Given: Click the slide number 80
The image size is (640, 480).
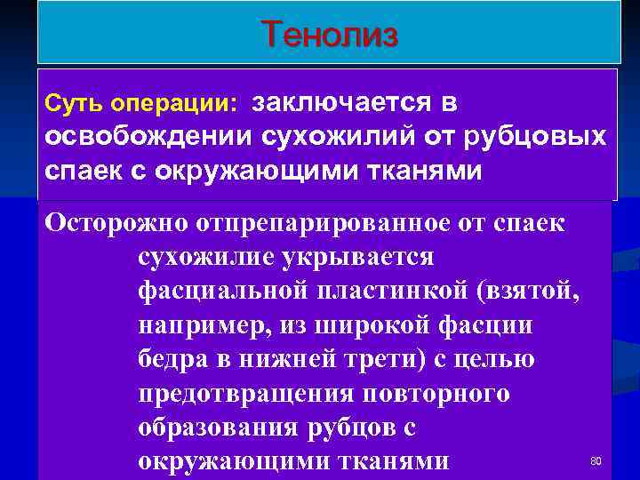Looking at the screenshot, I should [x=596, y=461].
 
